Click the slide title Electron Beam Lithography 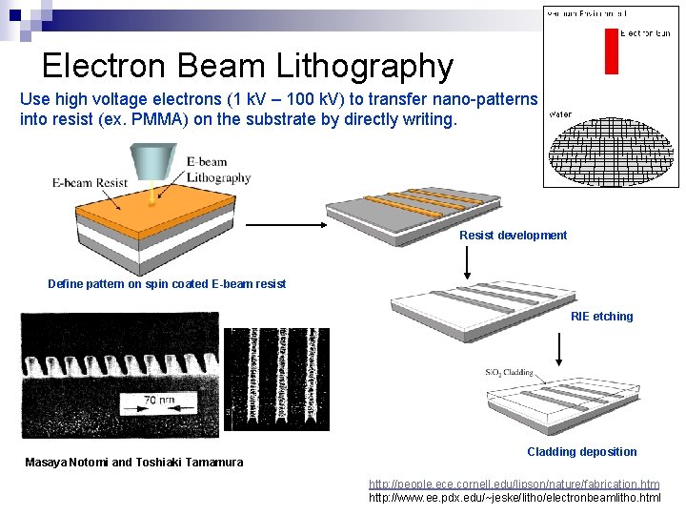tap(248, 66)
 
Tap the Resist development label tap(513, 236)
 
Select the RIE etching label tap(601, 317)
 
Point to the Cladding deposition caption tap(581, 452)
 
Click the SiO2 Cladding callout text tap(509, 373)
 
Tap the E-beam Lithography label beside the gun tap(218, 170)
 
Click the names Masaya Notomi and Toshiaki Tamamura tap(133, 463)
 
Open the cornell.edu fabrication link tap(514, 484)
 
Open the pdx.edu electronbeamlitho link tap(514, 498)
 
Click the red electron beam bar tap(611, 51)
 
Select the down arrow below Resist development tap(467, 260)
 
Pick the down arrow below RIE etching tap(559, 350)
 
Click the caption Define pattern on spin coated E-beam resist tap(167, 284)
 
